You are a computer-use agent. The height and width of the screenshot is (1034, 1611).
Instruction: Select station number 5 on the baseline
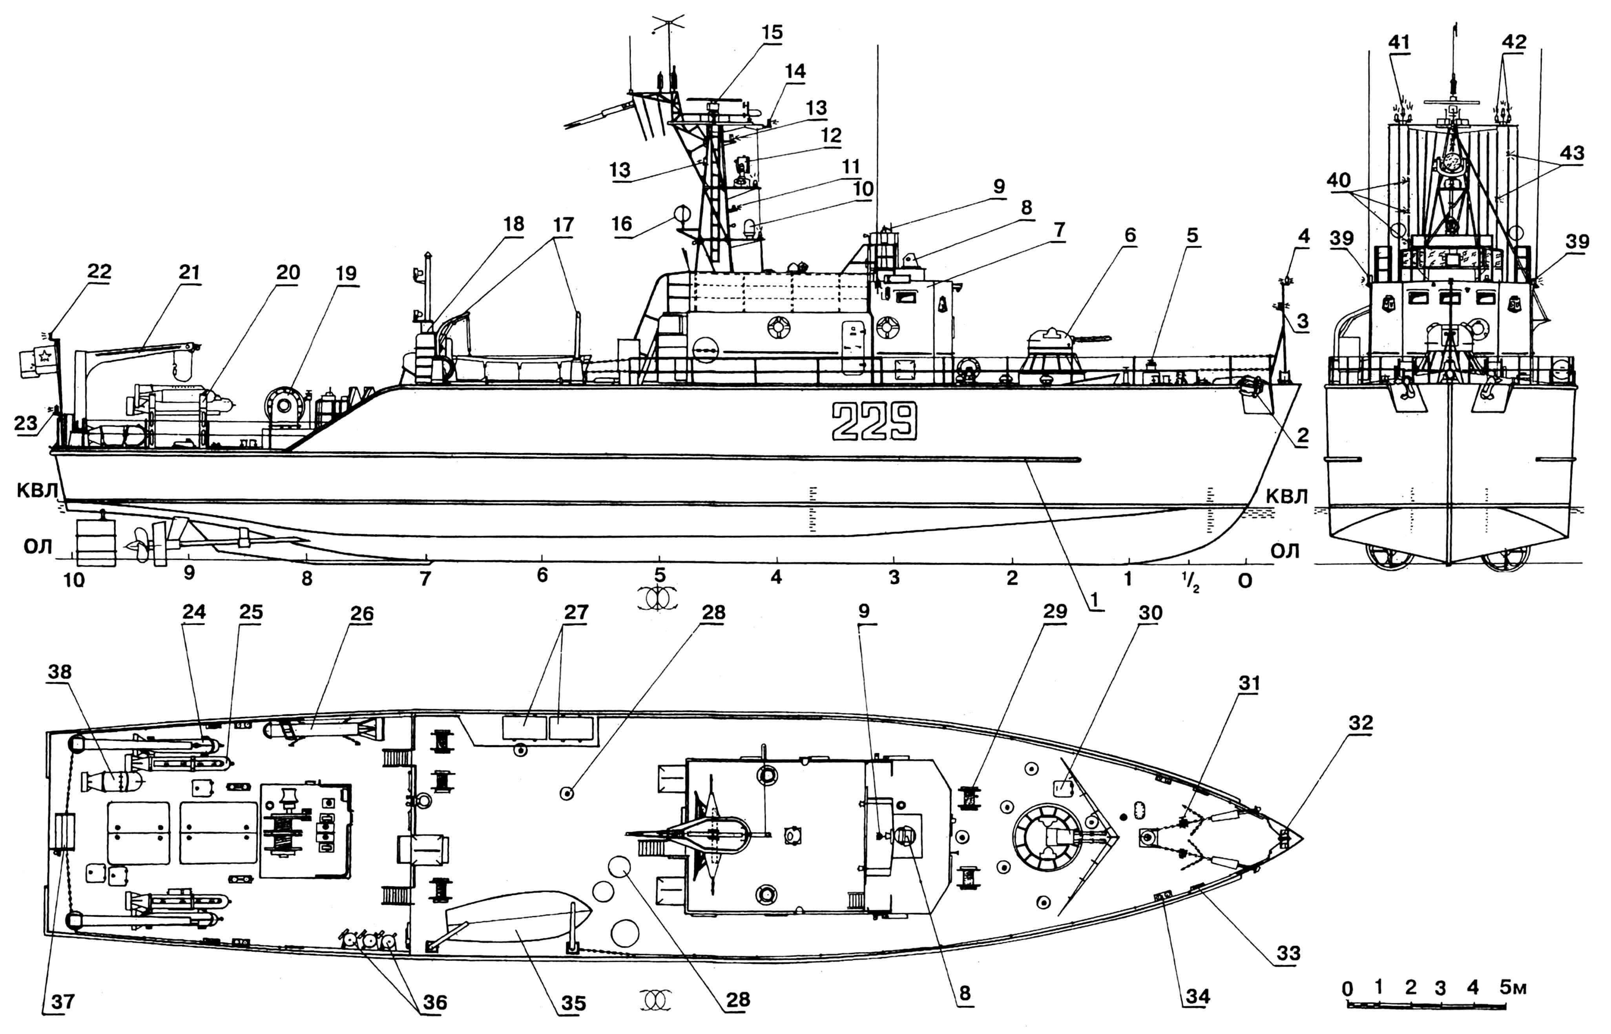click(660, 576)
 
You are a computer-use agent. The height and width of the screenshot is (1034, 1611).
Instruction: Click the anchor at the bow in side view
click(1249, 388)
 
